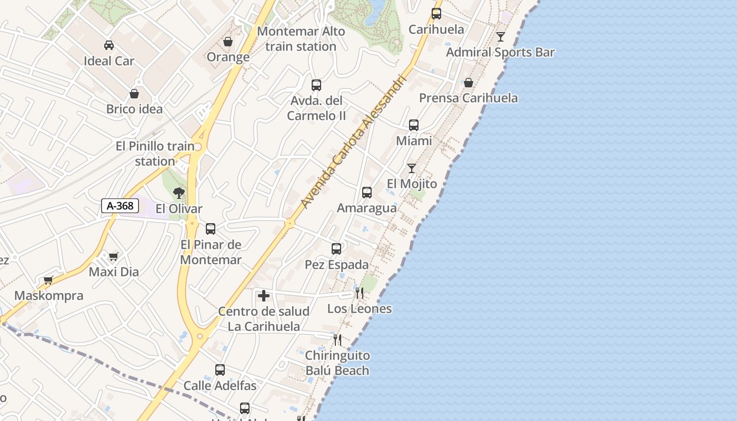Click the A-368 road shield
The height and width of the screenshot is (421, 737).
tap(120, 206)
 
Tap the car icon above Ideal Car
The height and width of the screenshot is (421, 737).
tap(109, 45)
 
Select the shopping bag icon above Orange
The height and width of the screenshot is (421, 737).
tap(228, 42)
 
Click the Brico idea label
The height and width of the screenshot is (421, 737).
tap(134, 109)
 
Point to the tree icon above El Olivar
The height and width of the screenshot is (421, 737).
tap(179, 193)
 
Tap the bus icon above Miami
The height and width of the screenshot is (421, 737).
tap(414, 125)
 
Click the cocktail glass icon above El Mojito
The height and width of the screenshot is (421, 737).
tap(412, 168)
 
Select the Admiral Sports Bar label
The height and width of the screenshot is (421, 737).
tap(500, 52)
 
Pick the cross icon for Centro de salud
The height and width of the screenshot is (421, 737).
tap(264, 296)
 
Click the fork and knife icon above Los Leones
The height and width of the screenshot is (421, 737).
tap(360, 293)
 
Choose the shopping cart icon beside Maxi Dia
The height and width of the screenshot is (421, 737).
tap(113, 257)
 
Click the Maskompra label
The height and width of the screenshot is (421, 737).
tap(48, 295)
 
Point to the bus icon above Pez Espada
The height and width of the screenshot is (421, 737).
tap(336, 249)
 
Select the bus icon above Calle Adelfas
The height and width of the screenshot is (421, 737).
tap(220, 370)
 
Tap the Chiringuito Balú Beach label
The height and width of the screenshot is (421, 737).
tap(337, 363)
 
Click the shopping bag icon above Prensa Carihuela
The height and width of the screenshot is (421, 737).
tap(468, 83)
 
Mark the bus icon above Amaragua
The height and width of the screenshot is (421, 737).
tap(367, 193)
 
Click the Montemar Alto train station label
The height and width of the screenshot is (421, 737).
tap(301, 39)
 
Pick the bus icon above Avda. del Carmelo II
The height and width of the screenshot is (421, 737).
tap(316, 85)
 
